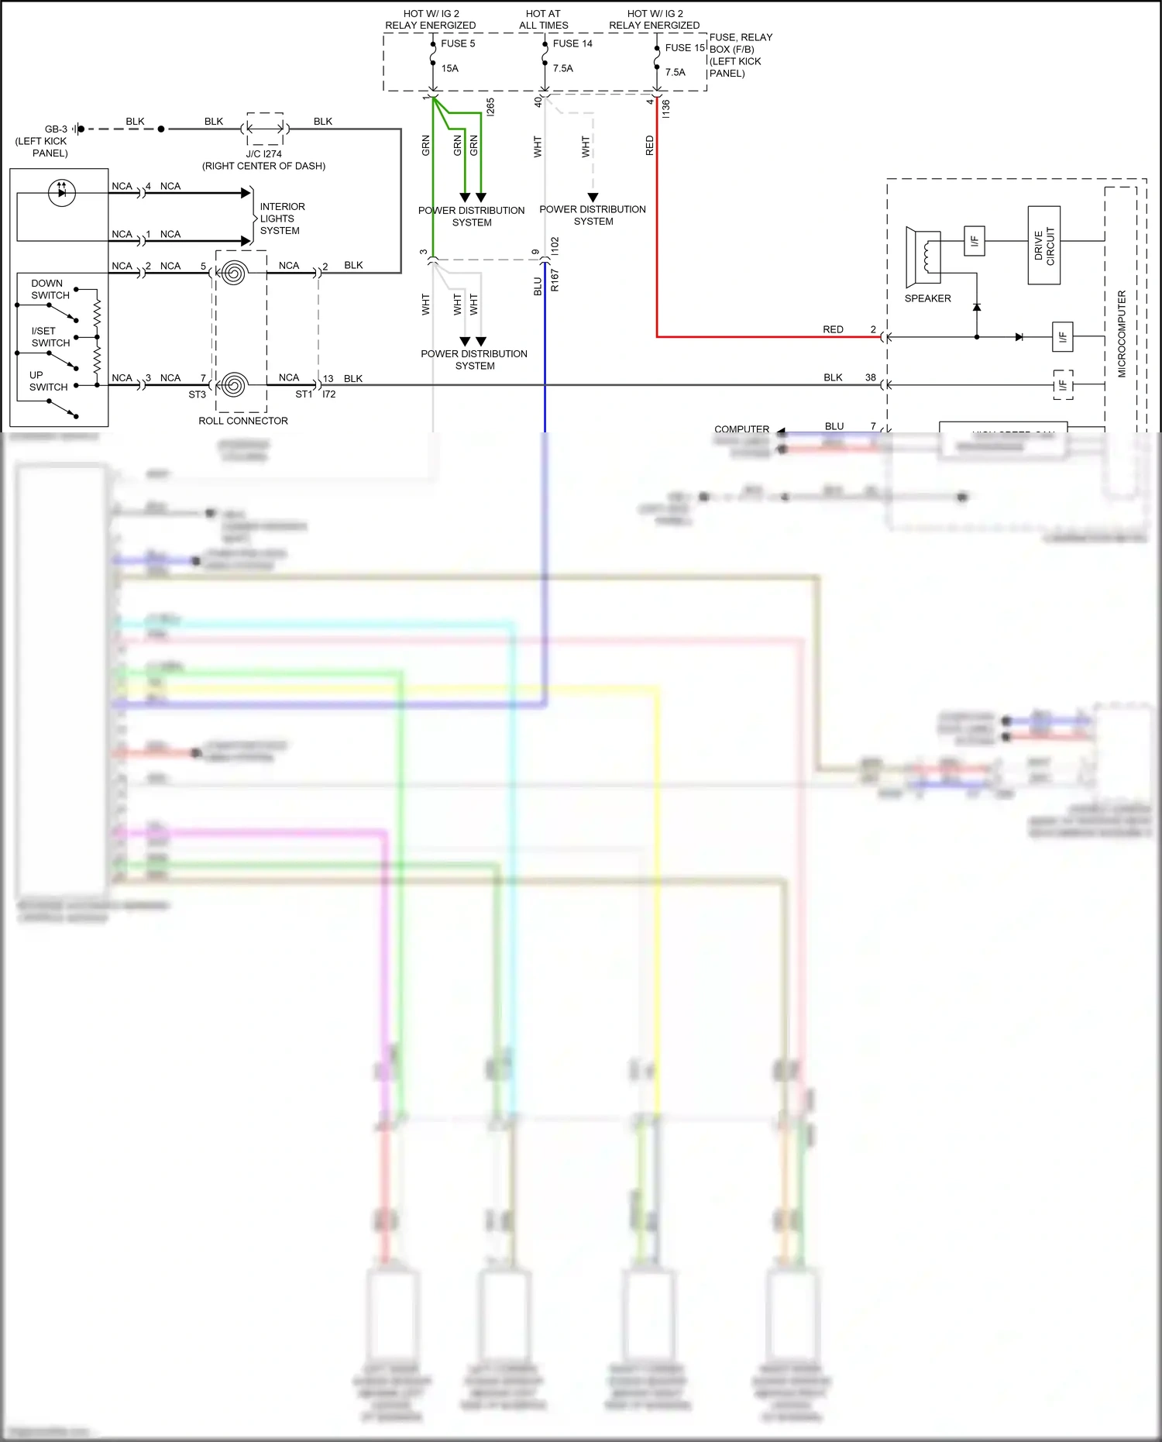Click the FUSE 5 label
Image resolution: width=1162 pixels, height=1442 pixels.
click(x=458, y=43)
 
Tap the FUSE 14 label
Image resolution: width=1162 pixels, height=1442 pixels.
click(x=572, y=43)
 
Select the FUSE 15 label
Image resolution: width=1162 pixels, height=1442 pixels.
click(x=685, y=47)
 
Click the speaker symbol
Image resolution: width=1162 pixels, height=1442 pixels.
click(x=923, y=256)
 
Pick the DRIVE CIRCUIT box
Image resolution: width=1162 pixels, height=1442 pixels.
click(x=1043, y=245)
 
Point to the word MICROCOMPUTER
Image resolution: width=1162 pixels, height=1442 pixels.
click(x=1122, y=334)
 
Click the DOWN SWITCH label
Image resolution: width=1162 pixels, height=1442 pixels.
click(x=50, y=289)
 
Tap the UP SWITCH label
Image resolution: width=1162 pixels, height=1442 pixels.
click(x=48, y=380)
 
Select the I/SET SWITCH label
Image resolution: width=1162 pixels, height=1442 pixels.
click(x=50, y=336)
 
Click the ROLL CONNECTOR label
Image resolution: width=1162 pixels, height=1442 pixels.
click(x=243, y=421)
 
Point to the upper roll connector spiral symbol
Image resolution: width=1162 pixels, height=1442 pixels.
click(x=233, y=273)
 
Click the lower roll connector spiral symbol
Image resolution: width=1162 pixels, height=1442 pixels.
click(x=233, y=384)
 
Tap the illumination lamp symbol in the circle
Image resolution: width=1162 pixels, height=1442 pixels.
click(x=62, y=192)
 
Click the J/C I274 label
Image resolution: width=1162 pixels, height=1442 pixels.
click(x=263, y=153)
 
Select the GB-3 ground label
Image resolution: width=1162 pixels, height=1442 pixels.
click(x=56, y=129)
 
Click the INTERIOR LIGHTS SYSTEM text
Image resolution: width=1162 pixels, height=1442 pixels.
click(x=281, y=219)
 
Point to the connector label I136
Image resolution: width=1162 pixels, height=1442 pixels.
click(x=665, y=108)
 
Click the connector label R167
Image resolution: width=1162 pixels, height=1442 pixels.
click(x=555, y=280)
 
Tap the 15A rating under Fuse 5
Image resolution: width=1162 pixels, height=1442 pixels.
click(x=449, y=68)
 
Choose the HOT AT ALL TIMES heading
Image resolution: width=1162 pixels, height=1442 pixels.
click(x=543, y=19)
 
